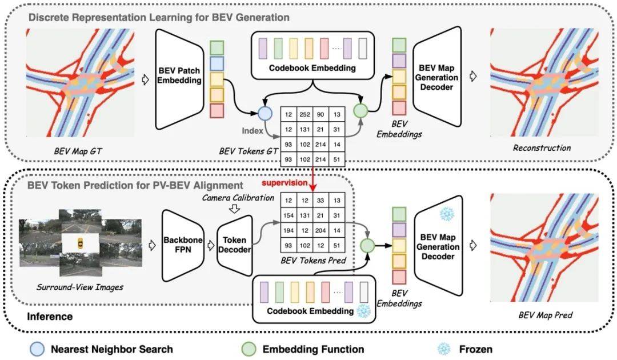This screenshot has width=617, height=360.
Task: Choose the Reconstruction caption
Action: click(542, 147)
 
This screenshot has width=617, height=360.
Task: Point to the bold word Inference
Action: click(50, 316)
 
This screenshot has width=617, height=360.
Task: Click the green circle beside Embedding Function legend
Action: click(249, 348)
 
